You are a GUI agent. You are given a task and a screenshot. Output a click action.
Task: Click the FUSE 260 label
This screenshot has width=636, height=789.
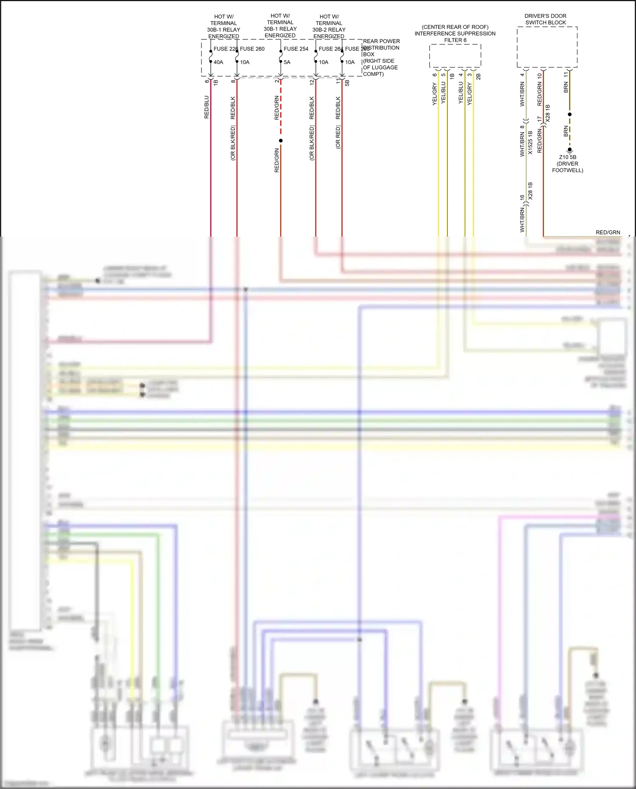pos(252,49)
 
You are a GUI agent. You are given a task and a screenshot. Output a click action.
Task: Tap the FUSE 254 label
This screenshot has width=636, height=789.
pos(296,49)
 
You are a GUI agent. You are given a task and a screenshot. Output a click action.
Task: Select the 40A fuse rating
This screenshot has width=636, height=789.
pos(218,62)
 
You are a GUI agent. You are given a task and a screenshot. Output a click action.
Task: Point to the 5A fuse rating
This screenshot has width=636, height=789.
pos(287,62)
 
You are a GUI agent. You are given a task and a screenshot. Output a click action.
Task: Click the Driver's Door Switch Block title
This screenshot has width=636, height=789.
pos(546,19)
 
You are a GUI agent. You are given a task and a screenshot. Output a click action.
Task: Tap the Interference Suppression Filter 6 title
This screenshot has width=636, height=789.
pos(455,33)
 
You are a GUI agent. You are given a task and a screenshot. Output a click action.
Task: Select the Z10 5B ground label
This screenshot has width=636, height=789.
pos(567,157)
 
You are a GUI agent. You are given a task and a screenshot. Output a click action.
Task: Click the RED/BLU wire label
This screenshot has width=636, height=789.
pos(206,107)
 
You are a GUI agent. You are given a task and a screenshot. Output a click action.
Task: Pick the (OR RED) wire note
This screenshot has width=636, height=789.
pos(338,137)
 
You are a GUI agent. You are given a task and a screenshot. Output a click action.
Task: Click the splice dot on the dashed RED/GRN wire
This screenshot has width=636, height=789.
pos(281,140)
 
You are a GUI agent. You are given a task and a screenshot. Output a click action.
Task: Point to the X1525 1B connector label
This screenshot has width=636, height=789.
pos(530,142)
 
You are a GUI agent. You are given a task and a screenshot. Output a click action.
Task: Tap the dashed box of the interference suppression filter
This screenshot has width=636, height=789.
pos(455,56)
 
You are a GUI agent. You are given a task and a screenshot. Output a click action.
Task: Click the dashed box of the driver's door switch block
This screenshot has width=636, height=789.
pos(547,47)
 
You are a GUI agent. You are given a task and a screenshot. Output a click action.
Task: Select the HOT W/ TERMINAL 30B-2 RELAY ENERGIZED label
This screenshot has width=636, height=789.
pos(329,26)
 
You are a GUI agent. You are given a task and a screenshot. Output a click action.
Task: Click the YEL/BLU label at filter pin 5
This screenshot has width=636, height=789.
pos(443,93)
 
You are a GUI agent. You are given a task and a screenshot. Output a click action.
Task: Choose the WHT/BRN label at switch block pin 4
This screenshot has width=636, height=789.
pos(522,94)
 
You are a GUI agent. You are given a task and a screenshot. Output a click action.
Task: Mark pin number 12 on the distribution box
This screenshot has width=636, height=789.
pos(312,81)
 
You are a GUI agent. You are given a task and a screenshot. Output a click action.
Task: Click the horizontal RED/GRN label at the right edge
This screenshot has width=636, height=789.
pos(608,232)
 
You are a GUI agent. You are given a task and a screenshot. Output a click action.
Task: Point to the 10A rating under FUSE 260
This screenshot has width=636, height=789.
pos(245,62)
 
